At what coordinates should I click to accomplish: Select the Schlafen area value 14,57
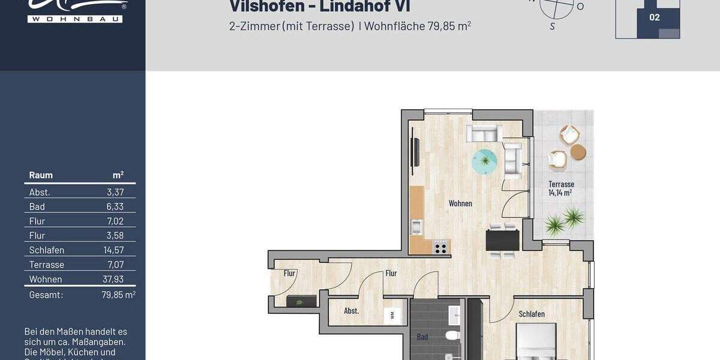tap(113, 250)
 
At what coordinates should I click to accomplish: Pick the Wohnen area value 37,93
tap(113, 279)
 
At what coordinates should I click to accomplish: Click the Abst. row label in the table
tap(40, 192)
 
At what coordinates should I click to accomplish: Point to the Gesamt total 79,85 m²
tap(118, 295)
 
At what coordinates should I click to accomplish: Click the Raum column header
tap(41, 175)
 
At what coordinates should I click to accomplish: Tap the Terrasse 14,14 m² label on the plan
tap(561, 188)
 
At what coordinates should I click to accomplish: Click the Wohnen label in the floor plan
tap(460, 203)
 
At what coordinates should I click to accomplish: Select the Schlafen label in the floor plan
tap(532, 314)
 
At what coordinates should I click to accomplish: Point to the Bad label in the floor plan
tap(422, 337)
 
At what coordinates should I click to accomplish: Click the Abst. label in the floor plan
tap(352, 311)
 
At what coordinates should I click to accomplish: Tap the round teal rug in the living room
tap(484, 161)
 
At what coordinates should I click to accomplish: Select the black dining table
tap(502, 240)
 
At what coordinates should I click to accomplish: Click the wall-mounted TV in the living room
tap(414, 152)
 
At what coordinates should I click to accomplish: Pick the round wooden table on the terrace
tap(578, 152)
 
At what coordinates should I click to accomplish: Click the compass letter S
tap(553, 26)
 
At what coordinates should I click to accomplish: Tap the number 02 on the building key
tap(655, 17)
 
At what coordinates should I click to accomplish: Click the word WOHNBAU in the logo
tap(75, 19)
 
